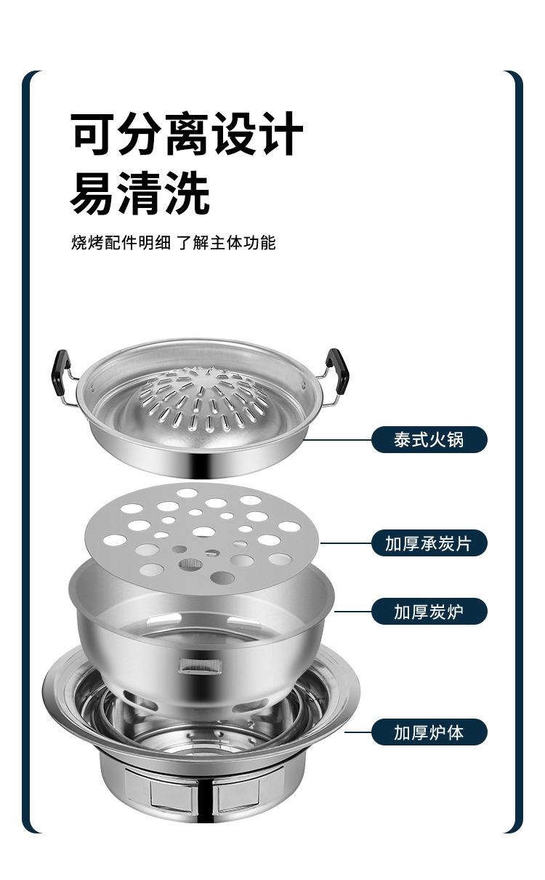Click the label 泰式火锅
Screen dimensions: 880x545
429,440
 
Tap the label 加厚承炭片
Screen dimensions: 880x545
429,543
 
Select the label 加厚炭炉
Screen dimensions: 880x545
429,612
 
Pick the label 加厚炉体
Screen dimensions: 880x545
429,732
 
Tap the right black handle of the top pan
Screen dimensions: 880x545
337,368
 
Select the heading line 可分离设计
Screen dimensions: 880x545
186,135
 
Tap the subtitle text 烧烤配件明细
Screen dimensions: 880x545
121,243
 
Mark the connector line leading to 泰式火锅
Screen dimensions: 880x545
338,440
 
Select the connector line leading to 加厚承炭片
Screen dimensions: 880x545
345,543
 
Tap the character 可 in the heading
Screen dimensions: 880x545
94,135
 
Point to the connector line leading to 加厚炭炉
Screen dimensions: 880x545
352,612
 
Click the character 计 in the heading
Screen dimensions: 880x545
280,135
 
